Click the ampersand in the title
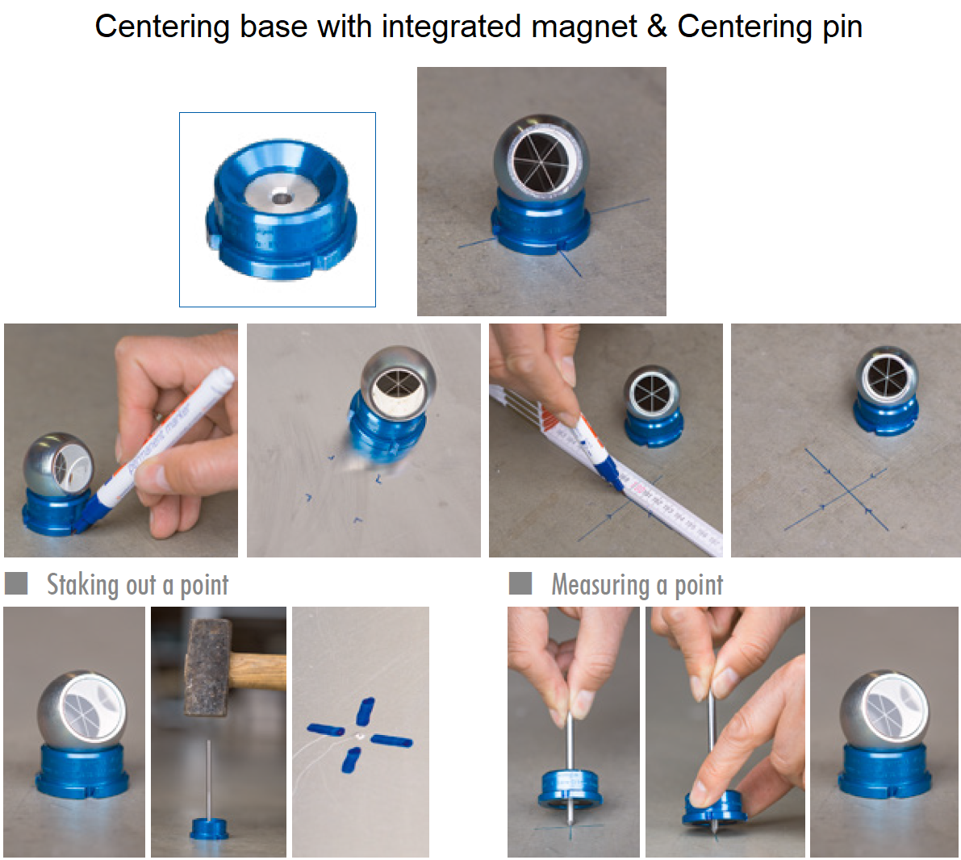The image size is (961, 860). tap(657, 27)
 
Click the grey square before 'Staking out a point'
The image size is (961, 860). tap(16, 583)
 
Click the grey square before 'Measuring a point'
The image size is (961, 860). tap(520, 583)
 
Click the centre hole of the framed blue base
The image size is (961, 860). tap(282, 196)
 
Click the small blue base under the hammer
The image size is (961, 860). tap(208, 828)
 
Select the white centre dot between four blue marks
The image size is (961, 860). tap(358, 737)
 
